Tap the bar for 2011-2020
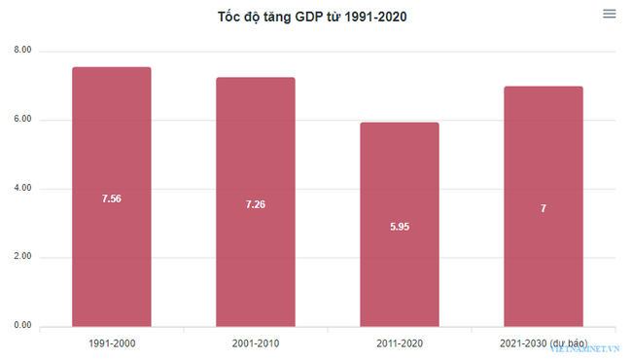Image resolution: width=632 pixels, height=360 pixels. (x=399, y=175)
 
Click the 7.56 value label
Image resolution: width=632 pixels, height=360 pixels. (x=111, y=198)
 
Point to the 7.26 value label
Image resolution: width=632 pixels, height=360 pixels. (x=255, y=204)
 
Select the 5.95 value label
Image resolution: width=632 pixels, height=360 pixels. (x=399, y=227)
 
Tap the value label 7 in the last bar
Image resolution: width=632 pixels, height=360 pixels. (x=543, y=208)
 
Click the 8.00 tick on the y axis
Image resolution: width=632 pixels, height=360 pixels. (x=22, y=51)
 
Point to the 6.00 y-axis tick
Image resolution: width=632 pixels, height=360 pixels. (x=22, y=120)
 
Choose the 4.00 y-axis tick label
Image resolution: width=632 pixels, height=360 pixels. (x=22, y=188)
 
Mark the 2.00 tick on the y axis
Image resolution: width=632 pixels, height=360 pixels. (x=22, y=257)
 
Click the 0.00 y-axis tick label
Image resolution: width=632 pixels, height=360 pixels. (x=22, y=326)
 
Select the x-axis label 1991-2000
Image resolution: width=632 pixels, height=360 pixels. (x=111, y=343)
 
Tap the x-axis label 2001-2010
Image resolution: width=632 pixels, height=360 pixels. (x=255, y=343)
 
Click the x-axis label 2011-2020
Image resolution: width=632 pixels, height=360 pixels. (x=399, y=343)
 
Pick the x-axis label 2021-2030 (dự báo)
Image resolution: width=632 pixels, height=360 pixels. (x=543, y=343)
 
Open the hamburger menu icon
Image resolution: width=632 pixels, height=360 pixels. (x=610, y=14)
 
